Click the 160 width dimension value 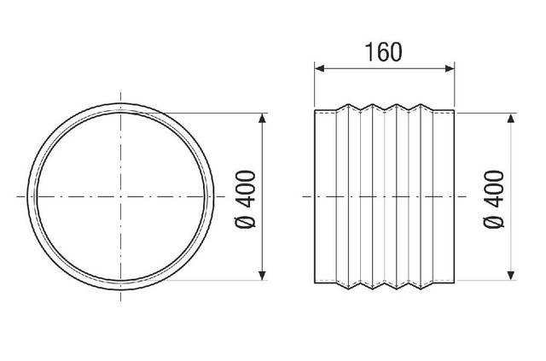(384, 51)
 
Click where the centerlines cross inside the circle (121, 196)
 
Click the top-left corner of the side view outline (315, 111)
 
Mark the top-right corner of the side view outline (455, 111)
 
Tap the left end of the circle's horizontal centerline (17, 196)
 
